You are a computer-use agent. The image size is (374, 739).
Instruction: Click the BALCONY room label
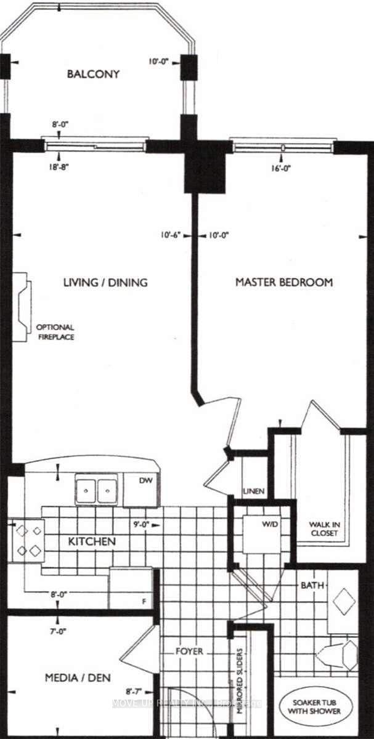pos(93,75)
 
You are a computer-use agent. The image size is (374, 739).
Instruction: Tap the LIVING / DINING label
pos(106,283)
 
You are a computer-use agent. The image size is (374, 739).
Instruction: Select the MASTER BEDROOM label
pos(285,283)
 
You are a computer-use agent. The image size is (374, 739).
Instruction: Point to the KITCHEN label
pos(92,542)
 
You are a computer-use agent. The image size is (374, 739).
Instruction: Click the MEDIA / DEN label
pos(78,678)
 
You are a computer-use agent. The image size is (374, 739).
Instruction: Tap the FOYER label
pos(188,651)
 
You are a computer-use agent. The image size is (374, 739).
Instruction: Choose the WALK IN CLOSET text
pos(323,529)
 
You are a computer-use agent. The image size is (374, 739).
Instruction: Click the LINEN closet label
pos(253,491)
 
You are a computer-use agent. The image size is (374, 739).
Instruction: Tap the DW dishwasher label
pos(146,481)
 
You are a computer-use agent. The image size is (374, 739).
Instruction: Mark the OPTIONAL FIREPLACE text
pos(55,332)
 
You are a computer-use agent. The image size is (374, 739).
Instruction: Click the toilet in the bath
pos(340,655)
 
